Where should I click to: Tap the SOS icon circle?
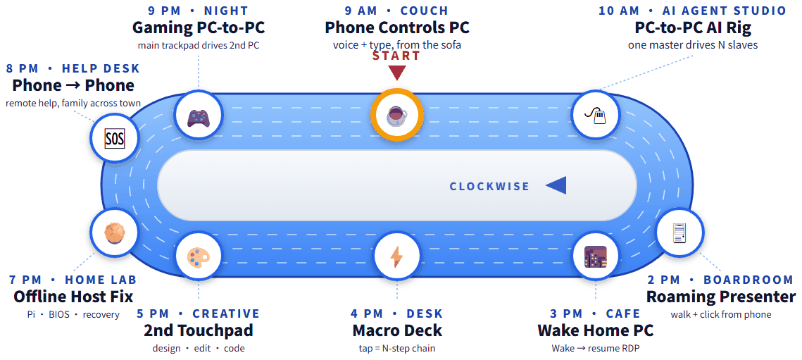coord(114,138)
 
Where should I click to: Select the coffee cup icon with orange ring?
coord(396,116)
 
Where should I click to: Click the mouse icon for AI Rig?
coord(595,116)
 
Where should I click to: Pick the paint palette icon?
coord(198,255)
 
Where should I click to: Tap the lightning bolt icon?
coord(396,256)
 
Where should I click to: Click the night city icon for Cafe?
coord(595,256)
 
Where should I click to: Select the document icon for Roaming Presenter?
coord(679,232)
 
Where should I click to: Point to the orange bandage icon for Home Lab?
coord(114,232)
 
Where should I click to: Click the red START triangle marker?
coord(396,73)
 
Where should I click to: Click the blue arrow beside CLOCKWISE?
coord(556,185)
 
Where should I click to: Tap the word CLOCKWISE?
coord(489,187)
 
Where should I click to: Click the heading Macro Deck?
coord(397,330)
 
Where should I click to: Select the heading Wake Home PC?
coord(595,330)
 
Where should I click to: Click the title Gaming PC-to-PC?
coord(199,27)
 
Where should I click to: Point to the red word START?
coord(396,56)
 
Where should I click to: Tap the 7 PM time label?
coord(25,280)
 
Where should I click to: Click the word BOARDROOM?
coord(748,280)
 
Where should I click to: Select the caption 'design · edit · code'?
coord(199,349)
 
